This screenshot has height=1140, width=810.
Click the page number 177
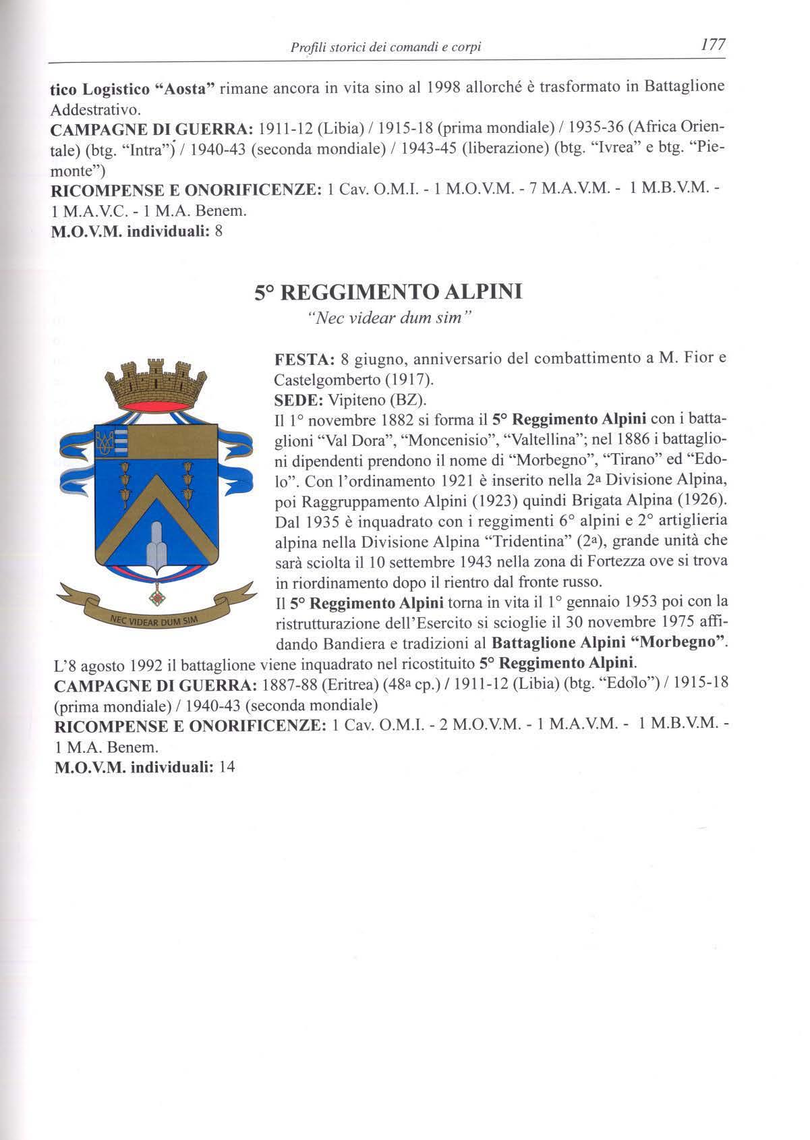712,45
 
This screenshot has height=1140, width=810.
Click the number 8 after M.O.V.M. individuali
218,231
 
